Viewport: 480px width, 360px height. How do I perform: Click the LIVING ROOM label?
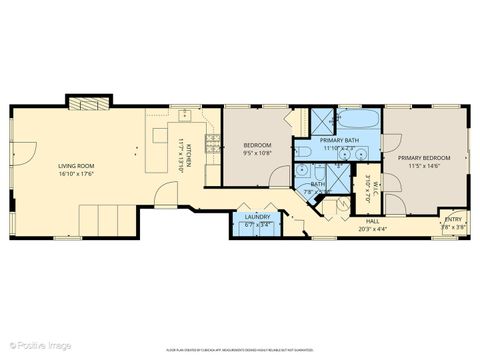(x=74, y=165)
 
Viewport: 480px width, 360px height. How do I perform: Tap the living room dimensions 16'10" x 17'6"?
(x=74, y=174)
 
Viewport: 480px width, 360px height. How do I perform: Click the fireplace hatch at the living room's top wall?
(x=83, y=102)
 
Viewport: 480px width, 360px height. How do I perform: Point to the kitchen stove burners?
(x=210, y=144)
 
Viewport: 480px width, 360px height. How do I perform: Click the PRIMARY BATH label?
(x=339, y=141)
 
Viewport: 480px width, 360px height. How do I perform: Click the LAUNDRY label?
(x=256, y=217)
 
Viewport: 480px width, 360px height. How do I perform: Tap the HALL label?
(x=372, y=221)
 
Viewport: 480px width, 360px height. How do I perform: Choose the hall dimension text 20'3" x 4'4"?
(x=372, y=229)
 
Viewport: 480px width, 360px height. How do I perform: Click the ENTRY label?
(x=453, y=219)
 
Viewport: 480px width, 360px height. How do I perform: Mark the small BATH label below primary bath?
(x=317, y=184)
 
